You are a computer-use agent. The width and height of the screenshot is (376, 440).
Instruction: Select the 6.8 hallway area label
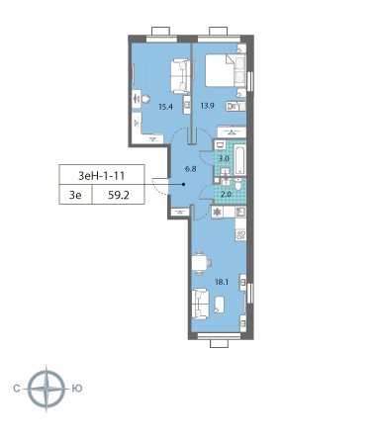pyautogui.click(x=189, y=169)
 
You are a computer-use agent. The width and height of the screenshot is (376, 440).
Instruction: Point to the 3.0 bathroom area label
pyautogui.click(x=224, y=158)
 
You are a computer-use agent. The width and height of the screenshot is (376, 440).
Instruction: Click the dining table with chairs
pyautogui.click(x=202, y=262)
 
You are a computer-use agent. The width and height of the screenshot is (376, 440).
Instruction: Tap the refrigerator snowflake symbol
pyautogui.click(x=217, y=213)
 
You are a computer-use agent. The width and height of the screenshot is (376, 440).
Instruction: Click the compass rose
pyautogui.click(x=47, y=389)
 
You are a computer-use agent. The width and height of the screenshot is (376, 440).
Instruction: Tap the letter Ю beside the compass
pyautogui.click(x=76, y=389)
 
